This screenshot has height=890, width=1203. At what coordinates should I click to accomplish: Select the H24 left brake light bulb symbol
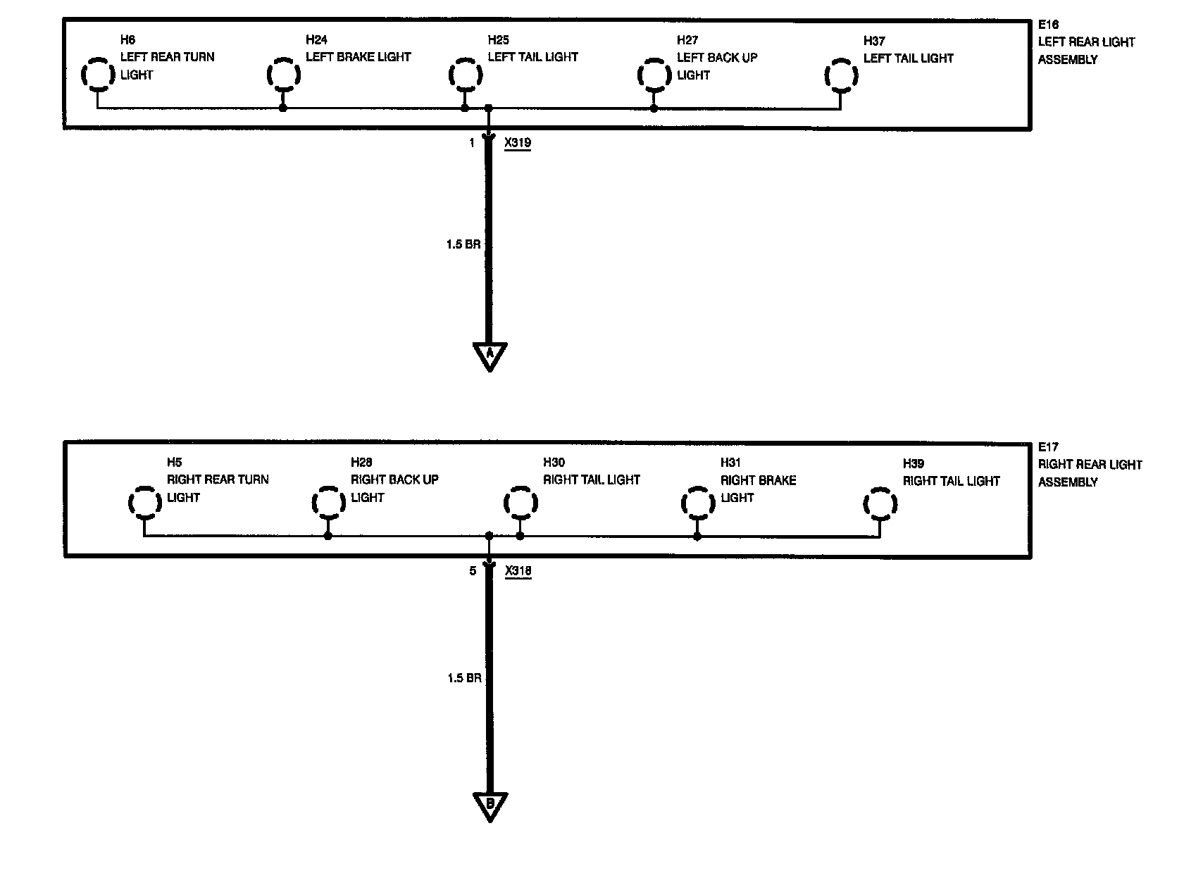point(283,75)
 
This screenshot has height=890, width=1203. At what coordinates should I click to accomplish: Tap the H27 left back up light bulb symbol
point(654,75)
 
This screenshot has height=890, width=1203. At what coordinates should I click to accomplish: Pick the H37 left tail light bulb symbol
point(840,75)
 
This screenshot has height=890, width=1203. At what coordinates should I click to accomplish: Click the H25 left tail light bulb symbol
point(465,75)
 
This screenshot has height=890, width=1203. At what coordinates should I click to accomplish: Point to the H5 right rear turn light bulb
point(144,503)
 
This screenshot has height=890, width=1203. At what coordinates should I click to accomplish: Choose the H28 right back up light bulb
point(328,503)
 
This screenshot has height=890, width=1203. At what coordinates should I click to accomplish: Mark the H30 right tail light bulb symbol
point(521,503)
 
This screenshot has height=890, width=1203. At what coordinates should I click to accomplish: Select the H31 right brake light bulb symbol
point(697,503)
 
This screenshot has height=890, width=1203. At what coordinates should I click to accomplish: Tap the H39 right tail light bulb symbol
point(880,503)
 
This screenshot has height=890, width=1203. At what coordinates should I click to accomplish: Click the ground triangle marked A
point(489,355)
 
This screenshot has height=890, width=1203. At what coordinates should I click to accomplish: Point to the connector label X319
point(518,143)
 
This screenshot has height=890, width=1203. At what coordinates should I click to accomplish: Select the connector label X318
point(518,571)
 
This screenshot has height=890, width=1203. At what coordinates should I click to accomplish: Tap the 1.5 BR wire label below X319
point(463,244)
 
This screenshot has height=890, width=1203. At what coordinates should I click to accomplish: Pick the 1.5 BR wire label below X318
point(464,678)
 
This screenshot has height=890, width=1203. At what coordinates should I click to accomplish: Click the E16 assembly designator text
point(1048,25)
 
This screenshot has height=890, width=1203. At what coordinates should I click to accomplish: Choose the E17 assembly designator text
point(1048,446)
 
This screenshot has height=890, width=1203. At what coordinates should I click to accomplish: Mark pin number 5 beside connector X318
point(473,571)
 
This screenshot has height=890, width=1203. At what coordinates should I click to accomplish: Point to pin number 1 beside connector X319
point(472,143)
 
